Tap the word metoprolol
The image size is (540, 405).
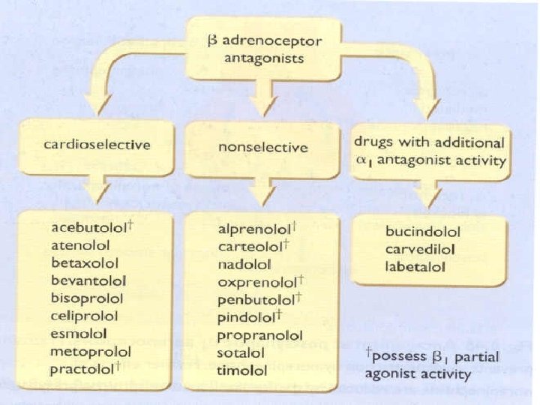tap(91, 352)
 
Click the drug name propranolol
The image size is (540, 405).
tap(258, 334)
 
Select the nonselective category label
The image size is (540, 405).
tap(262, 147)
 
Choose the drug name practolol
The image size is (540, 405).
tap(83, 370)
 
